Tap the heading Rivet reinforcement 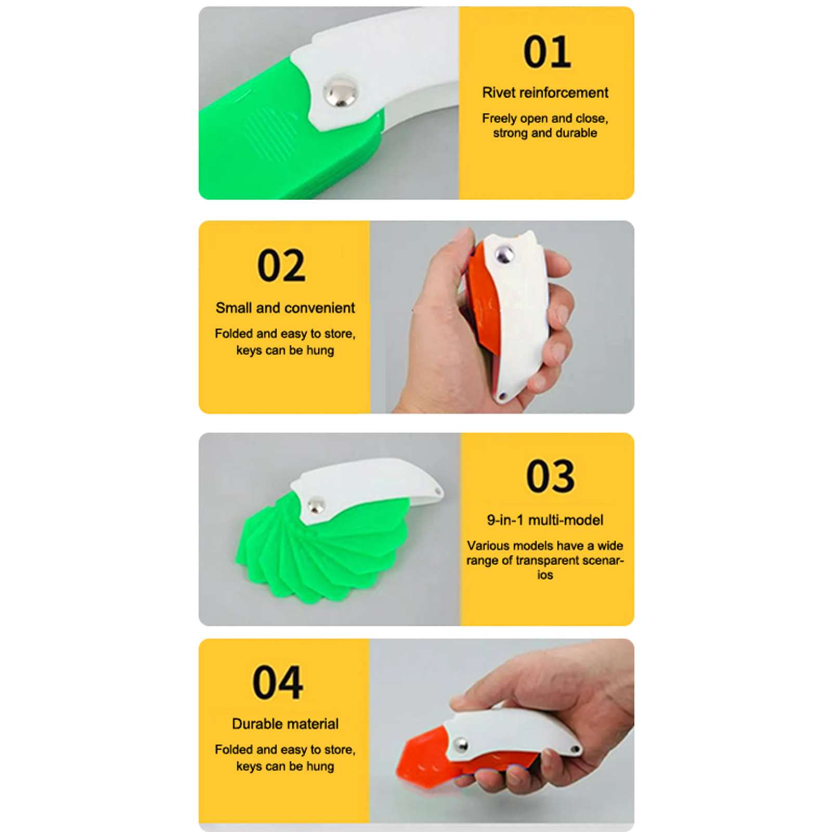coord(545,93)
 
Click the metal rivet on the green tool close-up coord(341,92)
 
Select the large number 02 coord(281,266)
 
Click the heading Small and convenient coord(285,308)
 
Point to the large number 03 coord(551,476)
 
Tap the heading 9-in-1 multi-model coord(545,520)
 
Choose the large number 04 coord(278,683)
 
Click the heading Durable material coord(285,724)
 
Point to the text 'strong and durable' coord(545,133)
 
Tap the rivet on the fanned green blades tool coord(316,505)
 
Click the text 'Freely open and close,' coord(545,119)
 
